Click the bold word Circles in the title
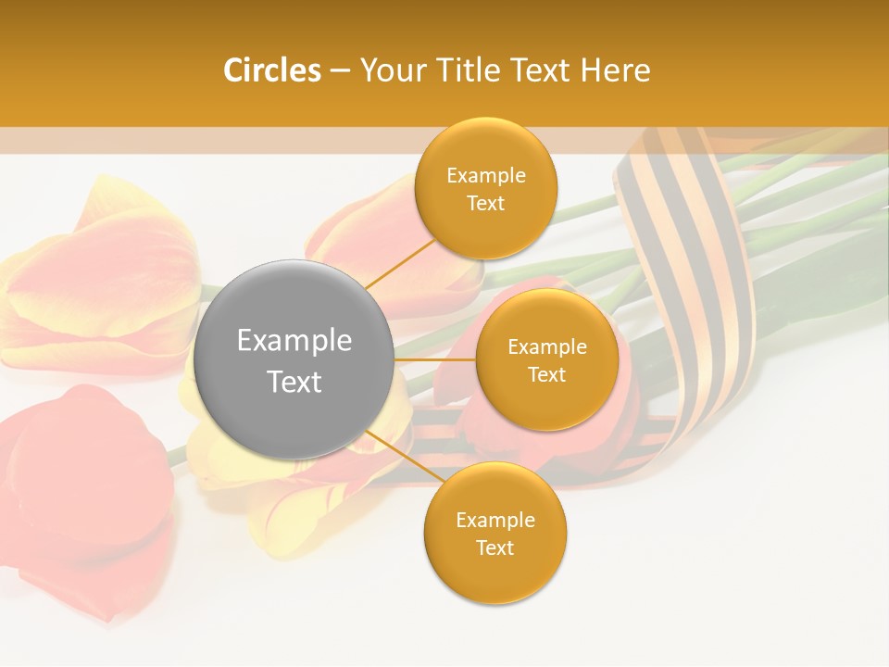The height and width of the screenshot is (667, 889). click(x=272, y=70)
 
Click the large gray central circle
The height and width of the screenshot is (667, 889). click(x=294, y=359)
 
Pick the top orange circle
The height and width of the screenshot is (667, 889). click(x=486, y=188)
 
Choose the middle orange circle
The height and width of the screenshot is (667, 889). click(x=547, y=359)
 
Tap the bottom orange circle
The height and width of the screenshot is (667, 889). click(x=495, y=533)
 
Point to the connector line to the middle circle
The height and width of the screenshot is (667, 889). click(x=435, y=359)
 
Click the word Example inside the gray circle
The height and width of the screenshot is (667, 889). click(x=294, y=341)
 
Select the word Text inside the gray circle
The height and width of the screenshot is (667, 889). click(x=294, y=382)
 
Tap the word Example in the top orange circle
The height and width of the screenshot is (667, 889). click(x=486, y=176)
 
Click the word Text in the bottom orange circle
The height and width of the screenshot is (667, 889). click(x=495, y=547)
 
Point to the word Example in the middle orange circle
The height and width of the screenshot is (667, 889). click(x=547, y=347)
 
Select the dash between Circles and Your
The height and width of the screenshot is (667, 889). click(x=340, y=71)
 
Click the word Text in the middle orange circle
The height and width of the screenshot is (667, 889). click(x=547, y=374)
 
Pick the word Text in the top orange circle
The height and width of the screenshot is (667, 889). click(x=486, y=203)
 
